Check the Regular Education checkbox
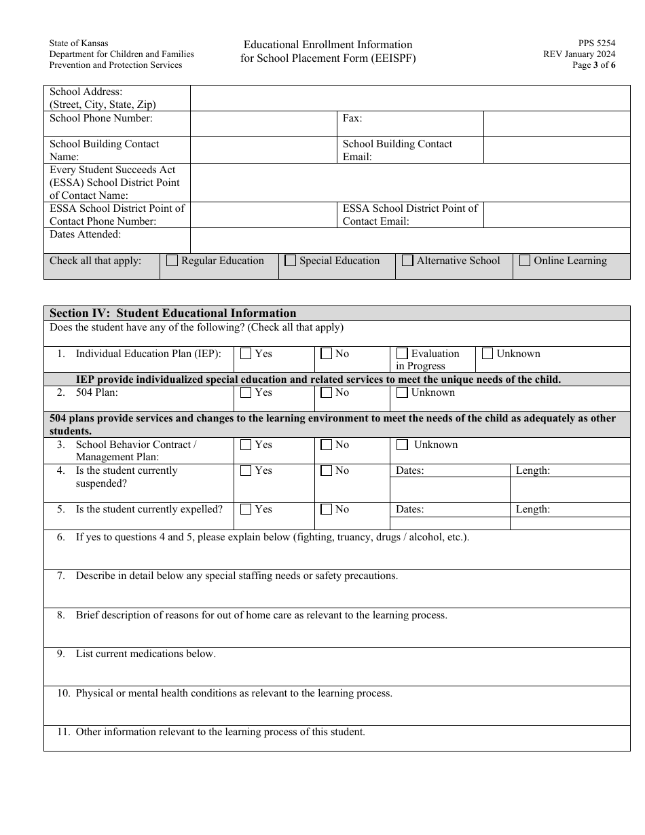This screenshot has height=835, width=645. click(172, 261)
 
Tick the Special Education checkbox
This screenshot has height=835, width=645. click(291, 261)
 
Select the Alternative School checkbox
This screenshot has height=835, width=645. click(408, 261)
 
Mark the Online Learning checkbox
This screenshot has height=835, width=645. click(525, 261)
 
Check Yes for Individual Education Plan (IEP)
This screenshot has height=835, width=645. click(246, 354)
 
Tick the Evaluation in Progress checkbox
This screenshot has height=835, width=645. click(402, 354)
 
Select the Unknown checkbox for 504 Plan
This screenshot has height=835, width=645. click(402, 392)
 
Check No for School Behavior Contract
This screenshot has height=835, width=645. click(327, 445)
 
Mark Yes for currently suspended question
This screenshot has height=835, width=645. click(246, 470)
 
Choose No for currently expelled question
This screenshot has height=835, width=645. click(327, 509)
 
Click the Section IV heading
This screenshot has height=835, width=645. click(173, 313)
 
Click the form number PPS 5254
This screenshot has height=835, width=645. click(597, 43)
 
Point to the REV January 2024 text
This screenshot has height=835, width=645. click(579, 54)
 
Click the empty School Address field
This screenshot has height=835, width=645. click(410, 98)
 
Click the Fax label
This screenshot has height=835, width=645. click(352, 118)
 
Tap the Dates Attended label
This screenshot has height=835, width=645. click(86, 234)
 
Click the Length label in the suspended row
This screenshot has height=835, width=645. click(533, 470)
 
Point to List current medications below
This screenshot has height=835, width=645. click(145, 654)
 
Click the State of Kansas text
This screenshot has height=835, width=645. click(79, 43)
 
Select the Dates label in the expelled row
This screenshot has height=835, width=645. click(410, 509)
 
